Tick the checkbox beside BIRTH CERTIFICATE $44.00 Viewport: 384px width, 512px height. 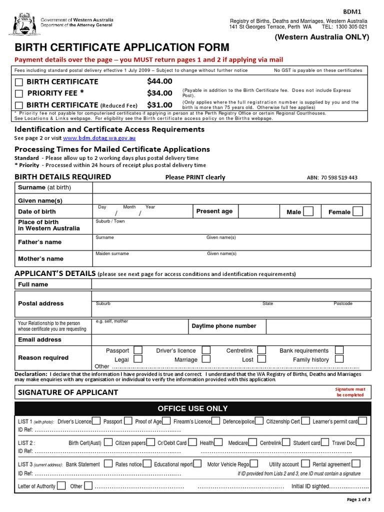point(19,81)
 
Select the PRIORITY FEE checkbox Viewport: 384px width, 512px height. point(19,93)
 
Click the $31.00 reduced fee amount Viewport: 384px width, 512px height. point(159,105)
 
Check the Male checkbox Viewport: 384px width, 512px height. point(308,211)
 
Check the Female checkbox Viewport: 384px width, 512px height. point(357,211)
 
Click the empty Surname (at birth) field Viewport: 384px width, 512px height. point(230,187)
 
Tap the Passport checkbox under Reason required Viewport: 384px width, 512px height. point(138,350)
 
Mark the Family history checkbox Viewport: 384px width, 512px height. point(339,359)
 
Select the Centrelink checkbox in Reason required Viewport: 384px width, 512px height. point(261,350)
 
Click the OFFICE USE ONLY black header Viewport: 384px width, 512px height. point(192,408)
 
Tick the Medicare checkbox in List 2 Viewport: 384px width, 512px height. point(253,442)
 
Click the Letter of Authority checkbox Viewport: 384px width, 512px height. point(61,485)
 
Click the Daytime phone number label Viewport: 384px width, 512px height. point(223,326)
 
